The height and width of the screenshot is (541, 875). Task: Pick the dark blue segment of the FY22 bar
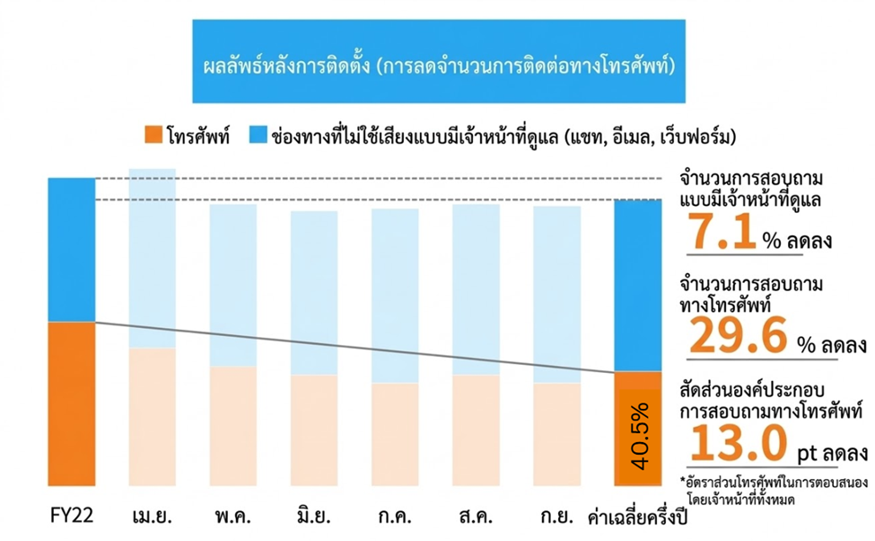click(71, 248)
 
